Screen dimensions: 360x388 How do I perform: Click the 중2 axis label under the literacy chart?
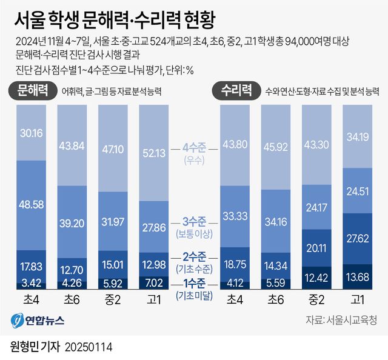click(x=113, y=299)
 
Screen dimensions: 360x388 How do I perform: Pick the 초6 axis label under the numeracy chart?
click(x=275, y=299)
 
